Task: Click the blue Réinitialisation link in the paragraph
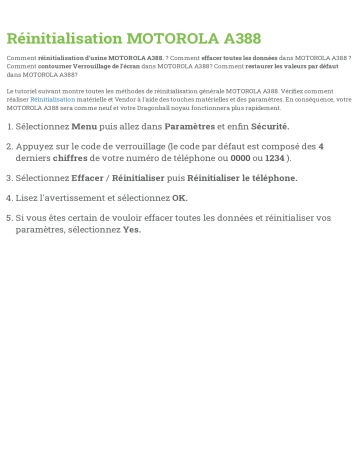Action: click(52, 100)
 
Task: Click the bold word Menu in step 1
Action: click(85, 127)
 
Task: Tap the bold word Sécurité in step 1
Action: click(270, 127)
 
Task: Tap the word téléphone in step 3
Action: click(271, 178)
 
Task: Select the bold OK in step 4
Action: click(180, 198)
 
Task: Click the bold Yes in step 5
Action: click(131, 229)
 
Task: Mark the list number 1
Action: click(8, 127)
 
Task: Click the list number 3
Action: click(8, 178)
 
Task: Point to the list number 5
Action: click(8, 217)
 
